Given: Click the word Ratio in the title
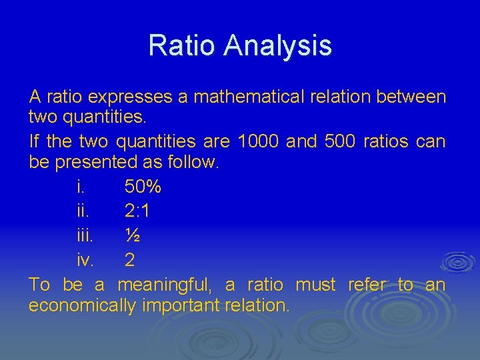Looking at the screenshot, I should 182,45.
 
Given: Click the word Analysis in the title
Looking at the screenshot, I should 278,45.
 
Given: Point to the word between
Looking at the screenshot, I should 411,97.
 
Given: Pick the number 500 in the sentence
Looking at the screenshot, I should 340,141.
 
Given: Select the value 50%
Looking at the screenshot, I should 143,189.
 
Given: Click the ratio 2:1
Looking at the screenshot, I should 137,212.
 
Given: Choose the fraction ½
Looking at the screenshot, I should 132,235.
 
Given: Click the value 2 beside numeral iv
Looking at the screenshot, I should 130,259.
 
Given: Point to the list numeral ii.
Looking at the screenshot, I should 83,212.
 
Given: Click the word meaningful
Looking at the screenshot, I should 164,285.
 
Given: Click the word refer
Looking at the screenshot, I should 367,285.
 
